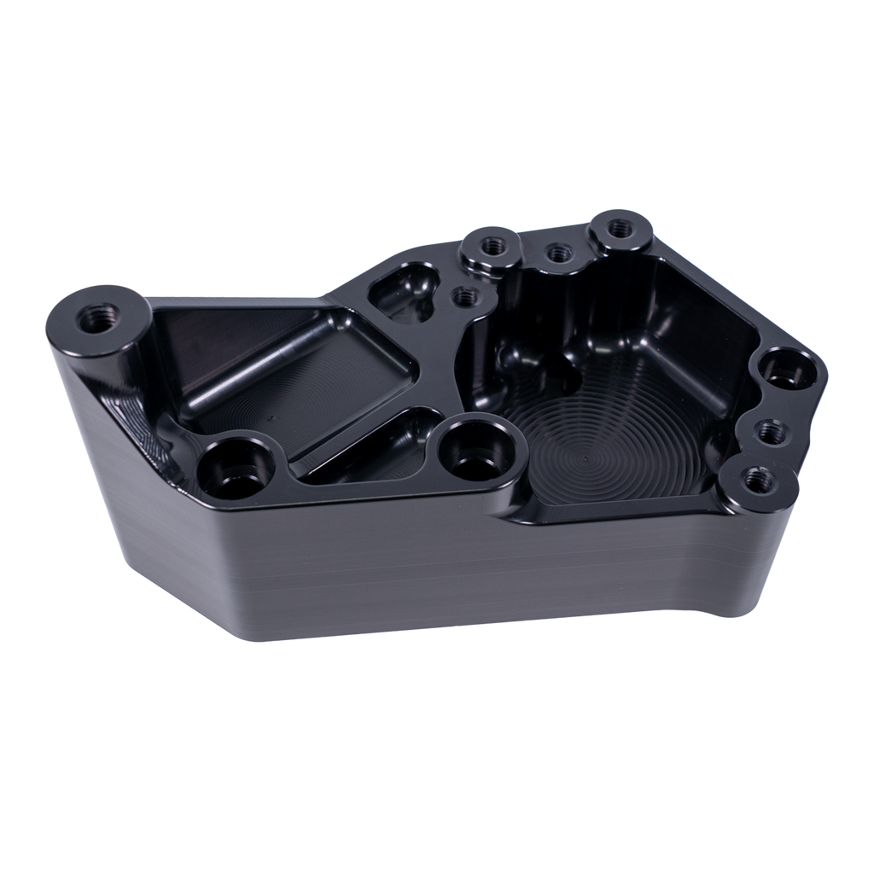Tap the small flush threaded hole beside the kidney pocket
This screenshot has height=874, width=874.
click(464, 297)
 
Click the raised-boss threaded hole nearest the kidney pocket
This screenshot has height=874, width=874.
click(490, 246)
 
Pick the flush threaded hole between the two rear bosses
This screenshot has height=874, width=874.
click(556, 252)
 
